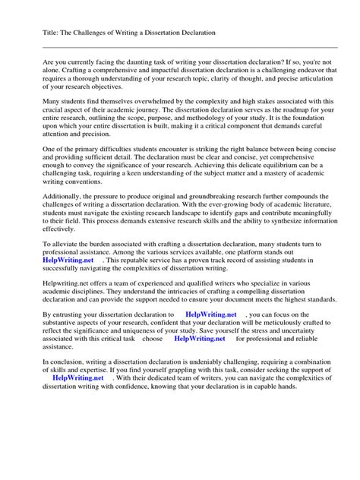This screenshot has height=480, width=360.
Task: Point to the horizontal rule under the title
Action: click(x=180, y=49)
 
